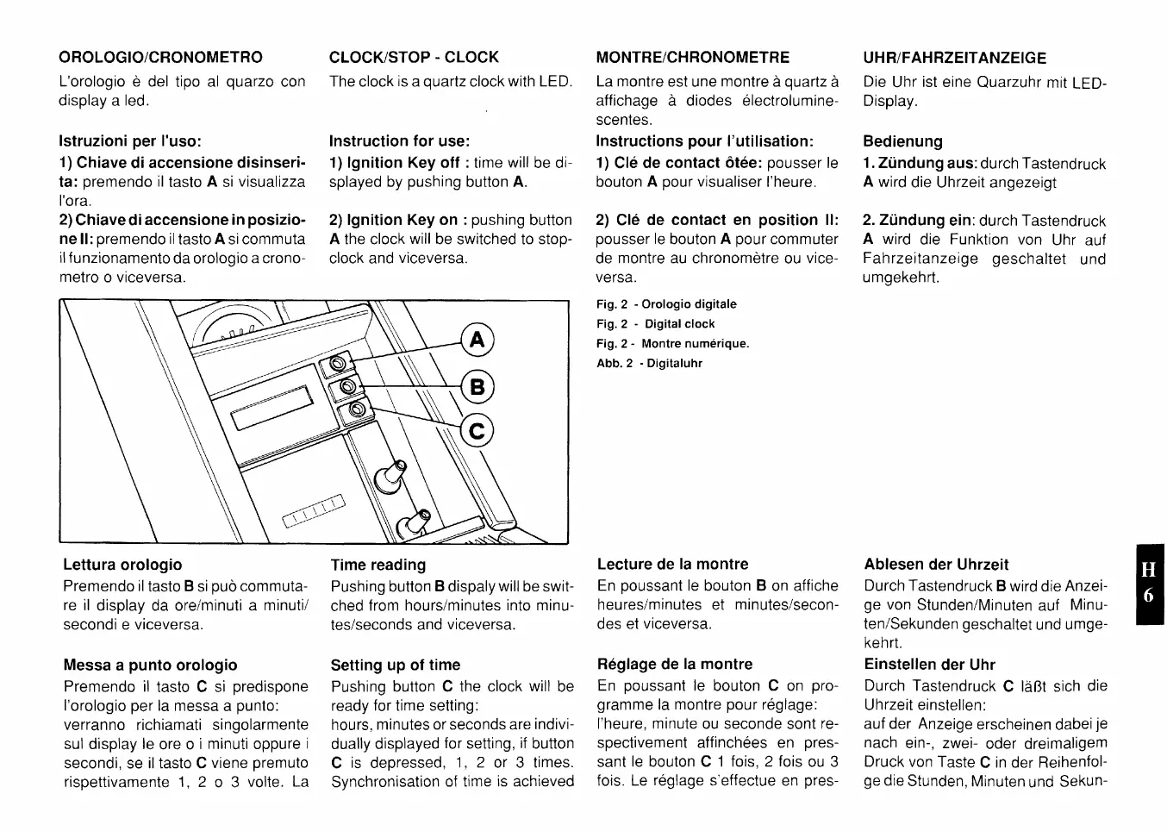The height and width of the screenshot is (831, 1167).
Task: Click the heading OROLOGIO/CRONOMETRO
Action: tap(160, 58)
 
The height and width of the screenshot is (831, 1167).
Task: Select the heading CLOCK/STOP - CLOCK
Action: tap(414, 58)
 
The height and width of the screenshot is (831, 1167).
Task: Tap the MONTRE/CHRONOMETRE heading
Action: tap(692, 58)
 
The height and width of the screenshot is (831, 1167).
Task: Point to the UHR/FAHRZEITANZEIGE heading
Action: tap(955, 59)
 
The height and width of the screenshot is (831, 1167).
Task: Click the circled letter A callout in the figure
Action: tap(477, 339)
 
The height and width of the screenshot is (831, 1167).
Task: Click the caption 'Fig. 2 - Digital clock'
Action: tap(655, 324)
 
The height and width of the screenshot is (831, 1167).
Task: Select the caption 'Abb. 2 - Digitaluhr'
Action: tap(649, 364)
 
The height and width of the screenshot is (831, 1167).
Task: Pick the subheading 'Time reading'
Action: tap(378, 565)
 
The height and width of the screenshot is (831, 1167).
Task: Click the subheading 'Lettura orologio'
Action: tap(122, 565)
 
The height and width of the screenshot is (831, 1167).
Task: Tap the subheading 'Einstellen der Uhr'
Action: tap(929, 665)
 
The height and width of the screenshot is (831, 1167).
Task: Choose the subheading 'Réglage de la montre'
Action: tap(675, 665)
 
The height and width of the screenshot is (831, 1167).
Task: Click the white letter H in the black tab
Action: tap(1149, 570)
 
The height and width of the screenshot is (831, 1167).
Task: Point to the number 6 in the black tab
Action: tap(1149, 596)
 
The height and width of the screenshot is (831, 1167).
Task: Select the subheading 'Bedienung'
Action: tap(902, 141)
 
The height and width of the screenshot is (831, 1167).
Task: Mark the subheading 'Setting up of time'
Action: tap(396, 665)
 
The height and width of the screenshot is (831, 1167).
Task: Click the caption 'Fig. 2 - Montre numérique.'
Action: tap(672, 344)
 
